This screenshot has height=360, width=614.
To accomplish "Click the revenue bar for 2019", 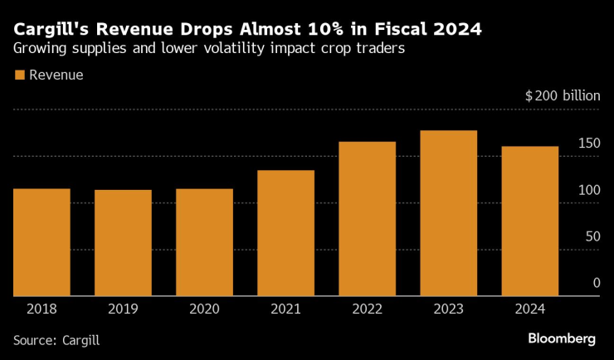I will click(123, 243).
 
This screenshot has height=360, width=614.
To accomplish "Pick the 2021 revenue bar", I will click(285, 233).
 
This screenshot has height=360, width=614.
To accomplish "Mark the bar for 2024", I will click(529, 221).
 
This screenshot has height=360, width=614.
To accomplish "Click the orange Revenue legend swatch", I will click(19, 75).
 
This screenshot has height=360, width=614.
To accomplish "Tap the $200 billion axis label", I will click(562, 96).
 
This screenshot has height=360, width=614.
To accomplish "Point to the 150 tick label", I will click(589, 144).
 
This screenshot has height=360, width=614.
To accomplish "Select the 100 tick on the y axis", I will click(589, 190).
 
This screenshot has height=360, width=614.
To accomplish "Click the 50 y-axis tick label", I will click(592, 236).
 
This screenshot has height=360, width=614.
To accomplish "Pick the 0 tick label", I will click(596, 283).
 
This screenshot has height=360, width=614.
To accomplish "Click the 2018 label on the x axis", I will click(41, 309).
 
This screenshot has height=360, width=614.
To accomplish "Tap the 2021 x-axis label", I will click(285, 309).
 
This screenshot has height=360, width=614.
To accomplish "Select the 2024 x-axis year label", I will click(529, 309).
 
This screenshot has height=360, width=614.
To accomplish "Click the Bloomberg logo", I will click(562, 338).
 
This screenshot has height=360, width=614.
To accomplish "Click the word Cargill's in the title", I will click(51, 30).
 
